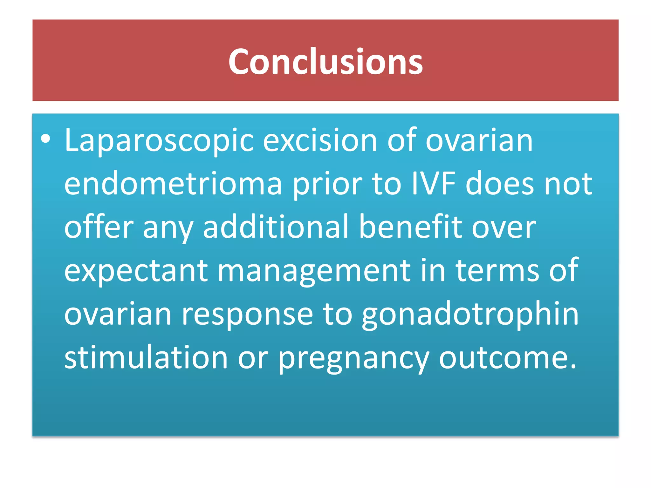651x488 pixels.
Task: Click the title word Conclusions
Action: point(325,62)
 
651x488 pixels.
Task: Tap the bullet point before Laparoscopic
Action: point(46,139)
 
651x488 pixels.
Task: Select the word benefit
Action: point(410,227)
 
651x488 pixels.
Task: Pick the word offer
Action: point(99,227)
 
